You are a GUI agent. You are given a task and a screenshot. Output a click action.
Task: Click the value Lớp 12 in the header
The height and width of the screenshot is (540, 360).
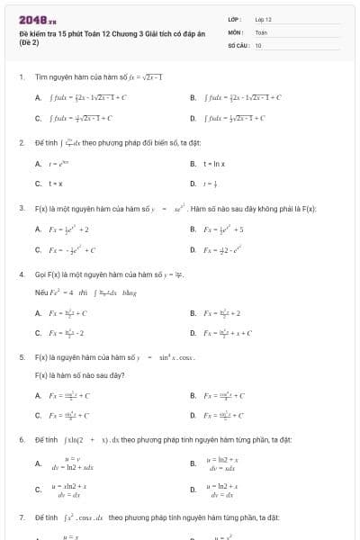tap(263, 19)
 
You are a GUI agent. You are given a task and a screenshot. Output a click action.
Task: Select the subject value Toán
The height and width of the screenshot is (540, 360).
tap(261, 31)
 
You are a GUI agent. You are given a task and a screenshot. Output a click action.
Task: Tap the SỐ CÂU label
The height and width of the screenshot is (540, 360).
tap(238, 44)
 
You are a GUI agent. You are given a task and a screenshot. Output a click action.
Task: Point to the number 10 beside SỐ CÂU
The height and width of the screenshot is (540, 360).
tap(258, 44)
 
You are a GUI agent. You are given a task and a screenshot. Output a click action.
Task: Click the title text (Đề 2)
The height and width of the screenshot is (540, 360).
tap(29, 42)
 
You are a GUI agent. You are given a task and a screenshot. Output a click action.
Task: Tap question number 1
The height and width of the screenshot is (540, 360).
tap(21, 77)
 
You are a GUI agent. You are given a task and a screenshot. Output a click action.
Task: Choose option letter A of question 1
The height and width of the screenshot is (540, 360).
tap(38, 97)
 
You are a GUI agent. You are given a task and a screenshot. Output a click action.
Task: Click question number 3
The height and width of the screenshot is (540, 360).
tap(21, 208)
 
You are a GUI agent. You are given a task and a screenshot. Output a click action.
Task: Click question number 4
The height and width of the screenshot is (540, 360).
tap(21, 274)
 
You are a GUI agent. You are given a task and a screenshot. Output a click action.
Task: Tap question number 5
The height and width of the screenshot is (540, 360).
tap(21, 356)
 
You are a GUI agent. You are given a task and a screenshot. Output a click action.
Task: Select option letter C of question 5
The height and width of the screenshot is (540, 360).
tap(38, 416)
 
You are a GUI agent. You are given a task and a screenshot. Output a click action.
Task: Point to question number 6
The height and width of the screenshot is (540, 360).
tap(21, 439)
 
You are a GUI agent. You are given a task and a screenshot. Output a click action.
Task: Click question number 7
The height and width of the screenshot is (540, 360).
tap(21, 518)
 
